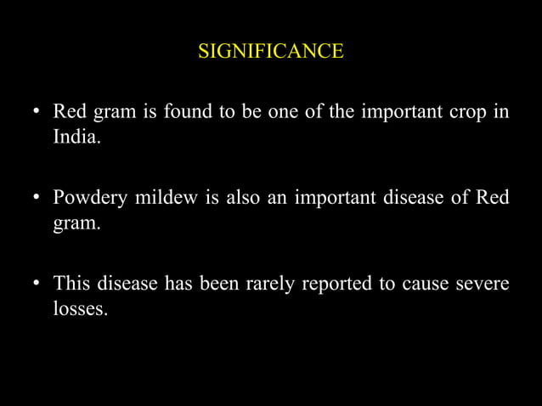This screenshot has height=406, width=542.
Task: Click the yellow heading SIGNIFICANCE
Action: coord(270,52)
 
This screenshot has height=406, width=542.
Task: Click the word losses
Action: coord(79,308)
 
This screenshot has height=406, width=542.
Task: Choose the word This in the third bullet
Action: coord(73,283)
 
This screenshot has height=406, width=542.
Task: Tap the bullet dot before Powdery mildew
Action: coord(37,199)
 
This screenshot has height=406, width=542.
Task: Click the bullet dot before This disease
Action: coord(37,284)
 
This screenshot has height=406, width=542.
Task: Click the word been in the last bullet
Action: coord(217,283)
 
